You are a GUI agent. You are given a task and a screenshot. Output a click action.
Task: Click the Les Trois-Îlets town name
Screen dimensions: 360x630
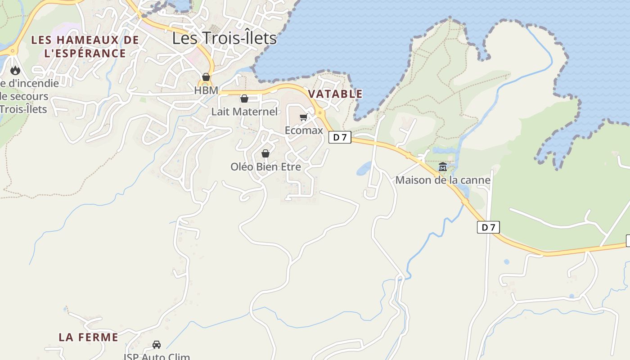coord(224,38)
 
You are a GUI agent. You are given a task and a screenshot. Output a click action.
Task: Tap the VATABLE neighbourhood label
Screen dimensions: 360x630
coord(335,94)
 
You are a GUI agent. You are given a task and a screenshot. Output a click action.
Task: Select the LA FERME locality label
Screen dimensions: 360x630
coord(88,337)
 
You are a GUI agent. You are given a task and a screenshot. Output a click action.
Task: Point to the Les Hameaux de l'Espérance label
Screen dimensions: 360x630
coord(85,46)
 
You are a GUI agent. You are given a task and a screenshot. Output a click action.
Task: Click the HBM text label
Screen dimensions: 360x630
coord(206,90)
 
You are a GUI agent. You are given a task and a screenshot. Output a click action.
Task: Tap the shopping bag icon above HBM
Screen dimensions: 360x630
coord(206,77)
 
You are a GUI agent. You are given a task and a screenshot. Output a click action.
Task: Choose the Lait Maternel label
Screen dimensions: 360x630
coord(244,112)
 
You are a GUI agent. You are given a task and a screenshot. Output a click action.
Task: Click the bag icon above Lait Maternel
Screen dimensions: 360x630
coord(244,98)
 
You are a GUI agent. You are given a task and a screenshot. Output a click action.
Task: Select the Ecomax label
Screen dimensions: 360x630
coord(304,130)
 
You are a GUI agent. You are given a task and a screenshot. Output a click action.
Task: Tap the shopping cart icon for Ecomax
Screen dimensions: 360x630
coord(303,117)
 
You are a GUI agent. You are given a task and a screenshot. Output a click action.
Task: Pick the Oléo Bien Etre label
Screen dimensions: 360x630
coord(265,167)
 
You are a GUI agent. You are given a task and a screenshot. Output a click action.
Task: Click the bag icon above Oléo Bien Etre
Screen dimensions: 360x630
coord(265,153)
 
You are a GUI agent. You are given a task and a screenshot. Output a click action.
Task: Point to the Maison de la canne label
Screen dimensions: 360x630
coord(443,180)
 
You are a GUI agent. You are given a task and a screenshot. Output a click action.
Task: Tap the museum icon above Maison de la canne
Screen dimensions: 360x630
coord(443,167)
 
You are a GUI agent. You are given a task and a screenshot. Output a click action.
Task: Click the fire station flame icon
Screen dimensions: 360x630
coord(15,70)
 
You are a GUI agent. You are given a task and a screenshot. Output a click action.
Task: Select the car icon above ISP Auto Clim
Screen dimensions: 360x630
coord(157,345)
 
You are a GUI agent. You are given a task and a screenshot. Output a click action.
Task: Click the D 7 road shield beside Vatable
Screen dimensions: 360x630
coord(340,137)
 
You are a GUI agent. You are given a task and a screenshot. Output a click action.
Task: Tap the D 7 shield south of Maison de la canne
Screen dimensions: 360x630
coord(488,227)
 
